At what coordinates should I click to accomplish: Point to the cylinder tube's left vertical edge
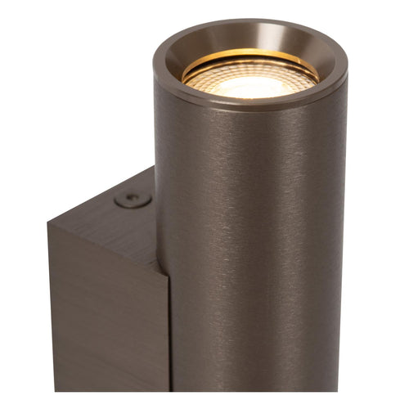pos(157,245)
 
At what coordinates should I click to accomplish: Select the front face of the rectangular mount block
pos(106,327)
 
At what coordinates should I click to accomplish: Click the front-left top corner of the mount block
pos(49,222)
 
